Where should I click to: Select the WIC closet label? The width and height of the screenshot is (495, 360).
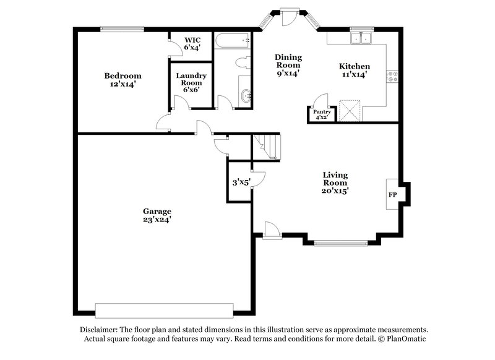pyautogui.click(x=191, y=44)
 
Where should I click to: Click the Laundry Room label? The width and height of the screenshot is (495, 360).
pyautogui.click(x=191, y=82)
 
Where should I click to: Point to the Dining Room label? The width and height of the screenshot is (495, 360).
pyautogui.click(x=288, y=65)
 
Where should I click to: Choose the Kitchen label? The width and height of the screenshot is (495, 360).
pyautogui.click(x=354, y=70)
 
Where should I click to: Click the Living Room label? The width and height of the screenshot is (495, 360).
pyautogui.click(x=335, y=183)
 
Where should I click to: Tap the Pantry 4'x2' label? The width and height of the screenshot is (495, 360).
pyautogui.click(x=322, y=114)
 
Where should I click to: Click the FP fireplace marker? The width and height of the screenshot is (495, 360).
pyautogui.click(x=392, y=194)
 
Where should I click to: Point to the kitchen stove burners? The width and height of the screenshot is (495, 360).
pyautogui.click(x=392, y=77)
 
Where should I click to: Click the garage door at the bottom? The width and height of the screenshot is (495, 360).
pyautogui.click(x=164, y=310)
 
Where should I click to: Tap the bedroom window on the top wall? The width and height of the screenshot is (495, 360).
pyautogui.click(x=123, y=28)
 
